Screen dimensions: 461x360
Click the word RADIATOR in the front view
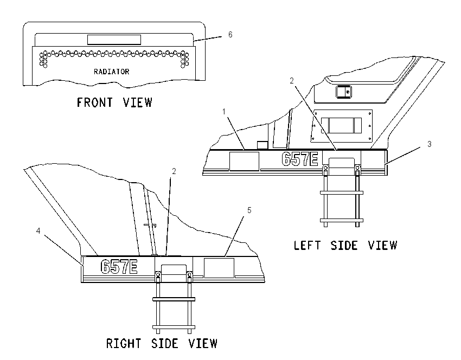pyautogui.click(x=111, y=72)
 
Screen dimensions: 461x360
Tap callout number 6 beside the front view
pyautogui.click(x=230, y=35)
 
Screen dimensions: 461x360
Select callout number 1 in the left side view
pyautogui.click(x=224, y=112)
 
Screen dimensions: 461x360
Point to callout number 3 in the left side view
pyautogui.click(x=429, y=144)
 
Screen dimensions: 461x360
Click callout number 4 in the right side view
pyautogui.click(x=38, y=231)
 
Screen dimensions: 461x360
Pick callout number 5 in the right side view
pyautogui.click(x=249, y=210)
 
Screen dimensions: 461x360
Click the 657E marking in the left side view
pyautogui.click(x=300, y=159)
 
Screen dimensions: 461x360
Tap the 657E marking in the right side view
pyautogui.click(x=119, y=267)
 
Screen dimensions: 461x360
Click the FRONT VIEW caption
pyautogui.click(x=114, y=102)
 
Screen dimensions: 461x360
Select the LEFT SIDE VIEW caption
pyautogui.click(x=346, y=246)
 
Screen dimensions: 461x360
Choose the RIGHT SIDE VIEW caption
pyautogui.click(x=162, y=343)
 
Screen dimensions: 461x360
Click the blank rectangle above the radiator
pyautogui.click(x=114, y=40)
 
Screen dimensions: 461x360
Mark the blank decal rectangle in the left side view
pyautogui.click(x=244, y=161)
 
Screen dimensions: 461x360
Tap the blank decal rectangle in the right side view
pyautogui.click(x=219, y=268)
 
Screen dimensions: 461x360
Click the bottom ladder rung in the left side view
pyautogui.click(x=342, y=220)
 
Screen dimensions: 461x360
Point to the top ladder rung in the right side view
pyautogui.click(x=174, y=299)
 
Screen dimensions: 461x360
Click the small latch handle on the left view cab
pyautogui.click(x=344, y=92)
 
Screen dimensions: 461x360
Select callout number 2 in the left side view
pyautogui.click(x=292, y=81)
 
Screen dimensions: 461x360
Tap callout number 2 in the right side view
pyautogui.click(x=174, y=171)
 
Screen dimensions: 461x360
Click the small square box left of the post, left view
pyautogui.click(x=262, y=145)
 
